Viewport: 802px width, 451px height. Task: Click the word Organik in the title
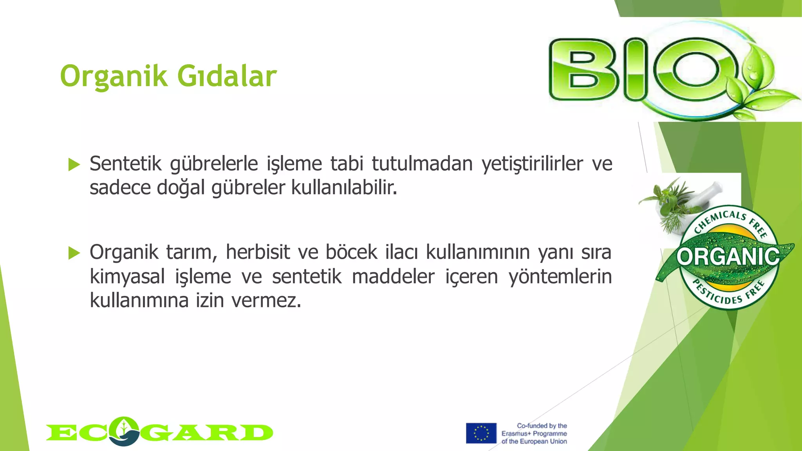(x=114, y=77)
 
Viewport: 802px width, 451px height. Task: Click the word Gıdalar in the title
(x=227, y=76)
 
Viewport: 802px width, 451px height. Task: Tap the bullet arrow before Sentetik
(x=74, y=165)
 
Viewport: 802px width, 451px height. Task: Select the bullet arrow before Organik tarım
(x=74, y=253)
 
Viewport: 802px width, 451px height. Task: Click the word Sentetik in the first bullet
(x=125, y=164)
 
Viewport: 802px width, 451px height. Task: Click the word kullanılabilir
(x=344, y=188)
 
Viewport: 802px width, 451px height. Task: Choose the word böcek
(x=351, y=252)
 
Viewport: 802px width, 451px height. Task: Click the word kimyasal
(x=127, y=277)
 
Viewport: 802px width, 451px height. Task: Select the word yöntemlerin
(x=560, y=277)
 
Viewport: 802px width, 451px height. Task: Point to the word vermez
(x=266, y=301)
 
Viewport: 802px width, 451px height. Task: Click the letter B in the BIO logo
(x=583, y=70)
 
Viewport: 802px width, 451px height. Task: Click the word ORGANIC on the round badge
(x=728, y=257)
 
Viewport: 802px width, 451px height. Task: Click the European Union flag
(x=481, y=433)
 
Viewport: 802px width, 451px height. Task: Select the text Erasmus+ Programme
(x=534, y=433)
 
